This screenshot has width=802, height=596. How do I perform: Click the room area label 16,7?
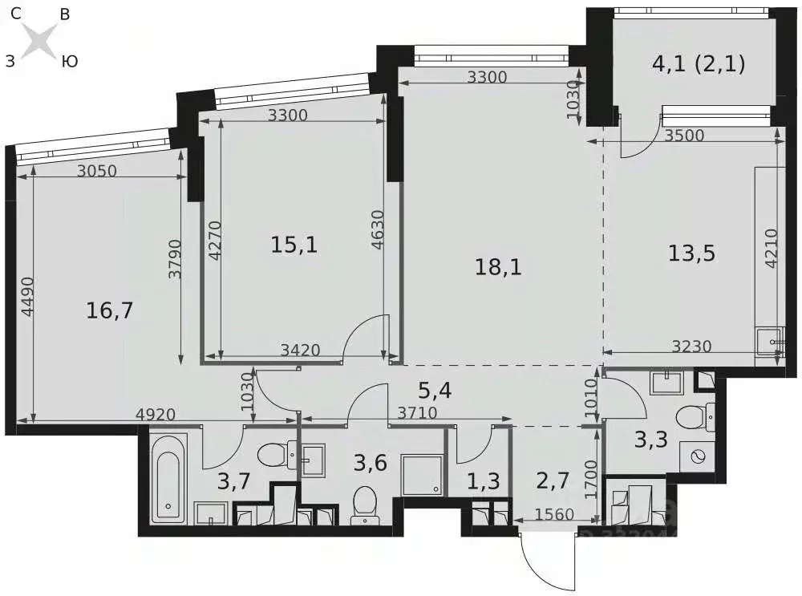tap(109, 310)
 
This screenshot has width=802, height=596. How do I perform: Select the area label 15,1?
tap(294, 245)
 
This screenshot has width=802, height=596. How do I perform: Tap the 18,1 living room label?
tap(498, 267)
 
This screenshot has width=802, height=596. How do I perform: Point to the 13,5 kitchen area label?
tap(691, 253)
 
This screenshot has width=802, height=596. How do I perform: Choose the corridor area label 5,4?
tap(435, 391)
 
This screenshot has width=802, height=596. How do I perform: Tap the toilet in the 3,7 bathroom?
tap(277, 454)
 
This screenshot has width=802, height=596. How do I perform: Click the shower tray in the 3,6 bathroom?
tap(422, 474)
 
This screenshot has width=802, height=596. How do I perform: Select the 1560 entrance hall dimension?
tap(554, 513)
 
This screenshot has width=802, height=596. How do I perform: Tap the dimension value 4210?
tap(772, 248)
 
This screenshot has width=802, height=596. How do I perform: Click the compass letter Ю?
tap(70, 62)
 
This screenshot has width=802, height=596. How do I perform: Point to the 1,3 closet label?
tap(484, 481)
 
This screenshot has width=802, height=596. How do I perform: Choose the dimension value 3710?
tap(417, 412)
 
